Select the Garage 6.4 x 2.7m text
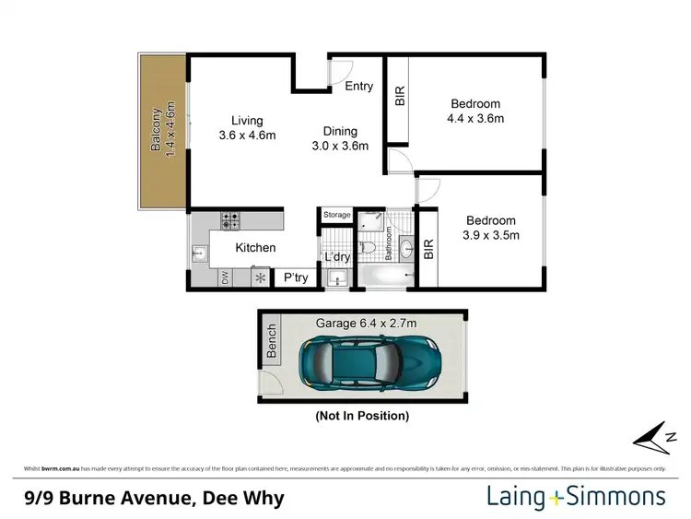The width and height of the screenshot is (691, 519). [367, 323]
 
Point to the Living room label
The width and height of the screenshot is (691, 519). [247, 121]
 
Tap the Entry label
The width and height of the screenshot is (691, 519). [358, 87]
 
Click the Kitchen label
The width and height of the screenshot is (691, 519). [255, 248]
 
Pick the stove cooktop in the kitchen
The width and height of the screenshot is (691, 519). [230, 221]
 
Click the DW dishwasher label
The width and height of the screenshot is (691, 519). [225, 277]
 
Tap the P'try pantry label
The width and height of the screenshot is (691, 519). [296, 277]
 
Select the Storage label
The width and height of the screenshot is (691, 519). [336, 215]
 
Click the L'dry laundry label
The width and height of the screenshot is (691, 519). [336, 257]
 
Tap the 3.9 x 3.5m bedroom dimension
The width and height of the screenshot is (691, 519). [490, 235]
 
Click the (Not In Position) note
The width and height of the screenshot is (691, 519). [361, 416]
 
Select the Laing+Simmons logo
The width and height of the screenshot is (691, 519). [575, 498]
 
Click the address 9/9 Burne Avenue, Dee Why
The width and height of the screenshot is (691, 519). [154, 499]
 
